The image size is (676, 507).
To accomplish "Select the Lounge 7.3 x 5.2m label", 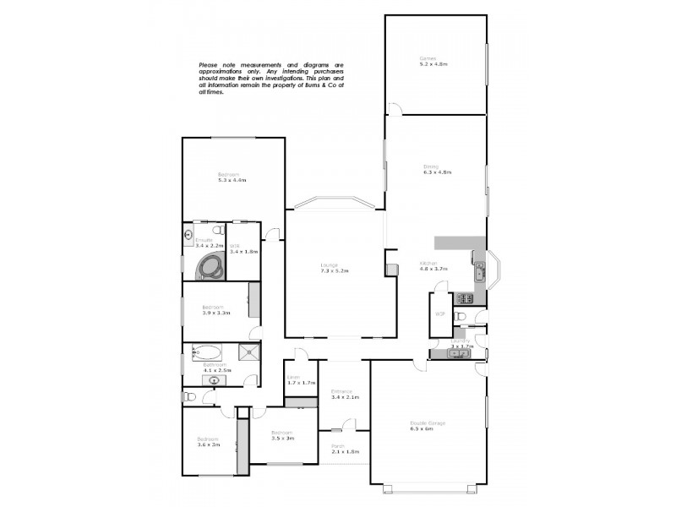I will [334, 268].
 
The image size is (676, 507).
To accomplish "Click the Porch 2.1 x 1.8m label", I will [344, 450].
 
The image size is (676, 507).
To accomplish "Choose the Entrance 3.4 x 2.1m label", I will [346, 394].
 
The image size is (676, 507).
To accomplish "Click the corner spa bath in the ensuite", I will [210, 268].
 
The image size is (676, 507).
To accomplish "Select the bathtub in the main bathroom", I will [208, 352].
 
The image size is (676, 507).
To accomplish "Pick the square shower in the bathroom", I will [250, 353].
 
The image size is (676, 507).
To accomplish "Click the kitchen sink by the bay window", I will [479, 270].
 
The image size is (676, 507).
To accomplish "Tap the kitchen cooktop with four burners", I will [464, 298].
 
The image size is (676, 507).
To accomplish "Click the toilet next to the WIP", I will [461, 316].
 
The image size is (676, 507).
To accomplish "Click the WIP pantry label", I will [439, 314].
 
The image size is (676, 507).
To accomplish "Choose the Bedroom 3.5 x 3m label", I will [281, 437].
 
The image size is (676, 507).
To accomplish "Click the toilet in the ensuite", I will [218, 231].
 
